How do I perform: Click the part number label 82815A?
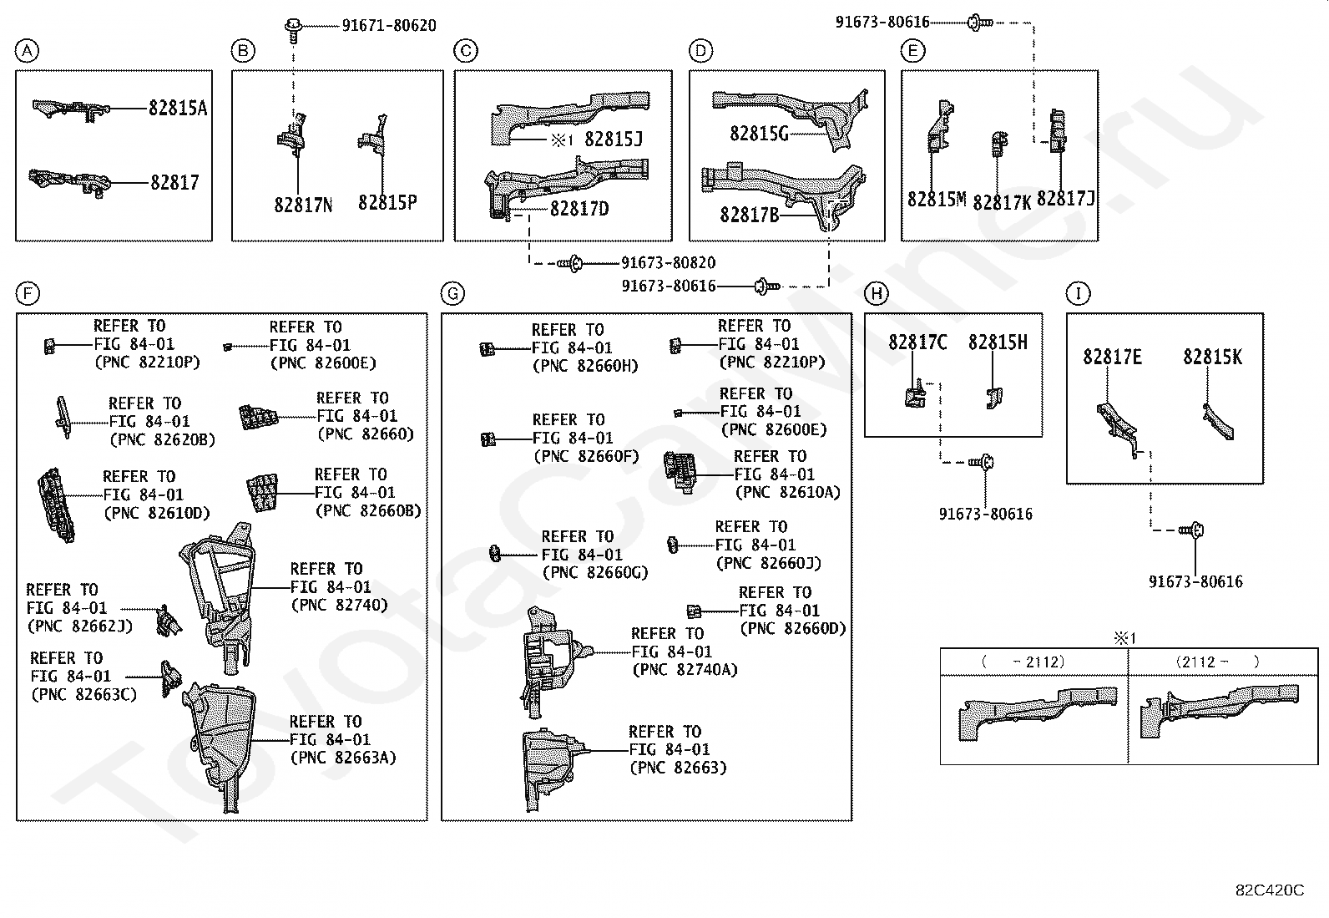[x=178, y=108]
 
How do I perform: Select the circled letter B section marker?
[x=243, y=51]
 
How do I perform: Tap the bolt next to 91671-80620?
[x=293, y=30]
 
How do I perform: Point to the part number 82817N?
[x=303, y=205]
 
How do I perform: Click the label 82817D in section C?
[x=579, y=209]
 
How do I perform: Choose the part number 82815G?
[x=759, y=134]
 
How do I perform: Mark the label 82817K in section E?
[x=1002, y=202]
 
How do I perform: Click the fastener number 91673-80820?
[x=668, y=262]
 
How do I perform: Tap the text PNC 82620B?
[x=162, y=440]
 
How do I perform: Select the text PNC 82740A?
[x=685, y=670]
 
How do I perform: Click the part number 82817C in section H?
[x=917, y=342]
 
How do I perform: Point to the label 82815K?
[x=1213, y=357]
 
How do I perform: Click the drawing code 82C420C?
[x=1270, y=890]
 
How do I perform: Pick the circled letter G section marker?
[x=452, y=294]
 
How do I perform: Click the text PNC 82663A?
[x=343, y=758]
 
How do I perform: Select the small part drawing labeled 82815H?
[x=994, y=398]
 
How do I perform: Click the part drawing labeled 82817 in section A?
[x=70, y=182]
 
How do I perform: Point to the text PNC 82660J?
[x=769, y=563]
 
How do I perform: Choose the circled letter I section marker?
[x=1078, y=293]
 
